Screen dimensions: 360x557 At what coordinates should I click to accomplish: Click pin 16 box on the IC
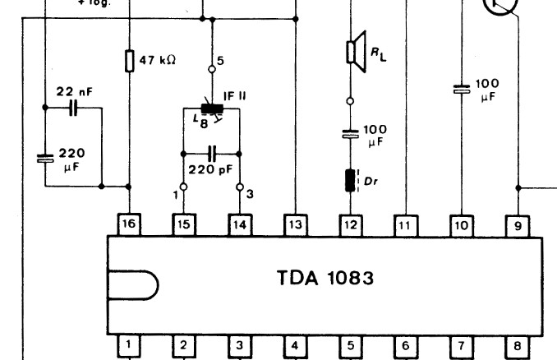pos(129,223)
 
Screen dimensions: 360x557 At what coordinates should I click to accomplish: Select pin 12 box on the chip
pos(351,223)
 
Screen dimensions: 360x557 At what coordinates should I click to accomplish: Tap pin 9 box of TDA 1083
pos(518,223)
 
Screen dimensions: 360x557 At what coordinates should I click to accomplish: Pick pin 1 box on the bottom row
pos(129,346)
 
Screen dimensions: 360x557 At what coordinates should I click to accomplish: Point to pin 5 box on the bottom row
pos(351,346)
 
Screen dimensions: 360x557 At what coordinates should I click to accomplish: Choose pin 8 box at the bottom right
pos(518,346)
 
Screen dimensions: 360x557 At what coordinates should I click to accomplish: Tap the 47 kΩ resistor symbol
pos(129,61)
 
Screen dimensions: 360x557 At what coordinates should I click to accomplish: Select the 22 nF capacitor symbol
pos(73,108)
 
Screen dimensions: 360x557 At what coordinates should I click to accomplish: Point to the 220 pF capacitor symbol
pos(212,153)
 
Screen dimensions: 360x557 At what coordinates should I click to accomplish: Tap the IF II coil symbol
pos(212,110)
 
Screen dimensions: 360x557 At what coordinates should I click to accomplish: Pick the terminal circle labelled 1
pos(184,187)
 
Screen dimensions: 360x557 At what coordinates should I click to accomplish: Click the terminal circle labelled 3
pos(240,187)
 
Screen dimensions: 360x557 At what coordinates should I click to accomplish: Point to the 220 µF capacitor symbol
pos(45,158)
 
